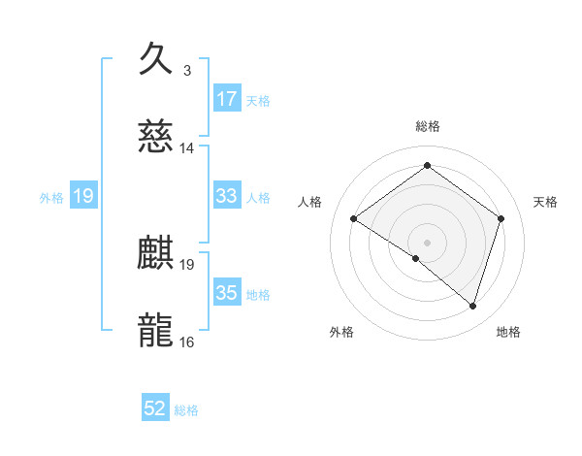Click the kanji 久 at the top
click(x=156, y=60)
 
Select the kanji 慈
click(x=156, y=137)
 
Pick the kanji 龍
click(x=156, y=330)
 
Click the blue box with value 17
click(x=226, y=98)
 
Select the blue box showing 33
click(x=226, y=196)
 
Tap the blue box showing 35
click(x=226, y=292)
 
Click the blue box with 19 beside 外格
click(x=83, y=196)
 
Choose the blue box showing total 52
click(x=155, y=408)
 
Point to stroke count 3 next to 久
click(x=187, y=71)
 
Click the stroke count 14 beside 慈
click(x=187, y=148)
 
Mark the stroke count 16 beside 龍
click(x=187, y=342)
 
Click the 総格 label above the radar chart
click(x=428, y=126)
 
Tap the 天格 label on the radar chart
click(x=546, y=202)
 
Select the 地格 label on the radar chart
click(x=508, y=333)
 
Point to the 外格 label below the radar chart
click(x=341, y=333)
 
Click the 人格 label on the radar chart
click(x=309, y=202)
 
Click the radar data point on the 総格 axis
click(x=427, y=165)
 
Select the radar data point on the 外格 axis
click(x=416, y=258)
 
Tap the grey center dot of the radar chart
click(x=427, y=242)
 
